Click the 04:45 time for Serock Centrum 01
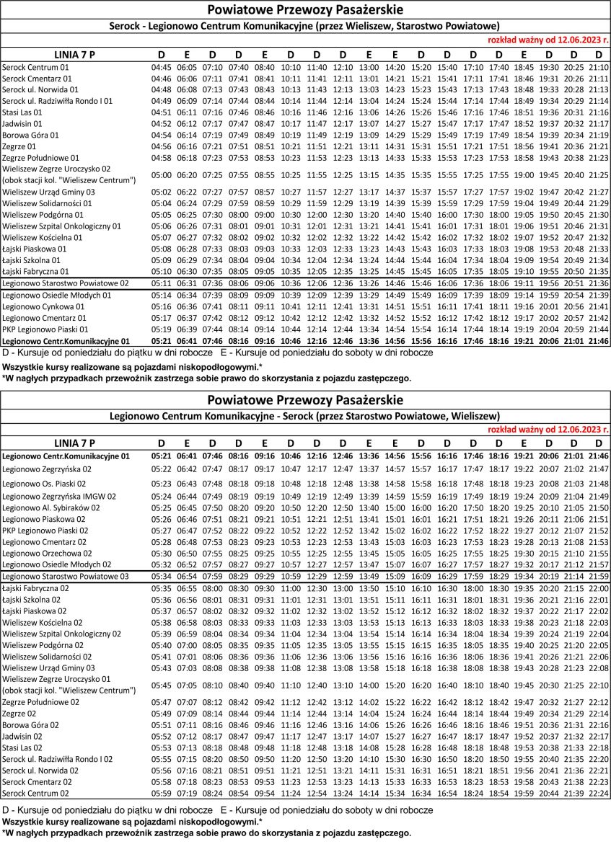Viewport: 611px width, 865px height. pos(161,67)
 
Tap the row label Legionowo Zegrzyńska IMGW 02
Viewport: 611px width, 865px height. pos(59,496)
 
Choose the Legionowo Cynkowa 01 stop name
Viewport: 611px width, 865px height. pos(43,306)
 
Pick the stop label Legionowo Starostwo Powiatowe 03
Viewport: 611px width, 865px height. pos(65,577)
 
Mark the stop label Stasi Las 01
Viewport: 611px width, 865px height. pos(22,112)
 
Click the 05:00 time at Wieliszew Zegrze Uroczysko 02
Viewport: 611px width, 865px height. pos(161,175)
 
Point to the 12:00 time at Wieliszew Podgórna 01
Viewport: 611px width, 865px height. pos(317,215)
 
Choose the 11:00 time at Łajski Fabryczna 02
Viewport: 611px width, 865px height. pos(291,589)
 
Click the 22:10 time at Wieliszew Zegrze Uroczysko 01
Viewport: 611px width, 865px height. pos(598,685)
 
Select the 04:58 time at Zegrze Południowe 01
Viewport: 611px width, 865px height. pos(161,158)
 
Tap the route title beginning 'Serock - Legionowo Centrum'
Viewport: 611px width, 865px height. pos(305,27)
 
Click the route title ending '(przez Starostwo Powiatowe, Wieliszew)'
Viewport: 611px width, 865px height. pos(305,416)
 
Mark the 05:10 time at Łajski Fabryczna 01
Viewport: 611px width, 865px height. pos(161,271)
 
